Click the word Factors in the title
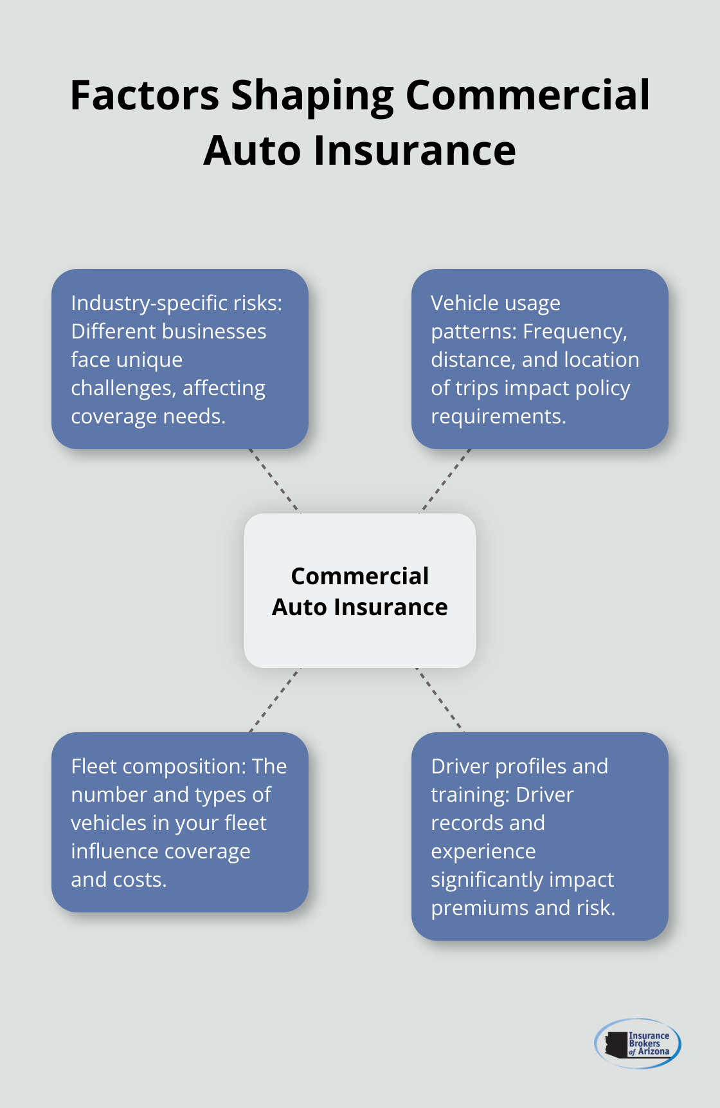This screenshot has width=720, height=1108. tap(144, 95)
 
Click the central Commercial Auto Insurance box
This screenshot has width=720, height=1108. tap(359, 591)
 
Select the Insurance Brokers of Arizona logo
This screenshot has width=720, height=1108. tap(638, 1043)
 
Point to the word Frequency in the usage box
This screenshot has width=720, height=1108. tap(574, 331)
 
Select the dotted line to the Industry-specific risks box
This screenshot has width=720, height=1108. tap(274, 481)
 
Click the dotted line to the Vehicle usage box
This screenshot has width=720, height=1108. tap(446, 481)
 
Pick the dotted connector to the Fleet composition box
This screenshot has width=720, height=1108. tap(274, 700)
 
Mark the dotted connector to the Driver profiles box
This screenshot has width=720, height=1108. tap(440, 700)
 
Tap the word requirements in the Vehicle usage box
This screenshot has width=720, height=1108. tap(498, 417)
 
